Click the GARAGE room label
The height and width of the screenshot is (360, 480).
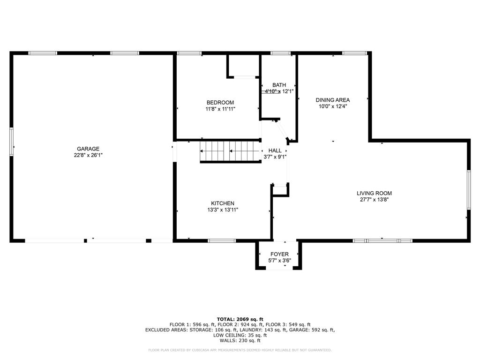click(88, 149)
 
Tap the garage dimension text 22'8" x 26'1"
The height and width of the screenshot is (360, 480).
click(88, 155)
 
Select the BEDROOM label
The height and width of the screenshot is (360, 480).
click(220, 103)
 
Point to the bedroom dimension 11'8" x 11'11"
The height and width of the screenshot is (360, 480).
click(220, 109)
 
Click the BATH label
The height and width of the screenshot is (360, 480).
click(279, 85)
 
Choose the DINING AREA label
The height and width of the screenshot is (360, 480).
click(332, 100)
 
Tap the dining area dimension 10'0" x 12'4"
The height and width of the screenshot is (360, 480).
click(332, 106)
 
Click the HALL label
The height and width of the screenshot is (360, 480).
click(275, 150)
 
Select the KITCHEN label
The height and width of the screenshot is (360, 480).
click(223, 203)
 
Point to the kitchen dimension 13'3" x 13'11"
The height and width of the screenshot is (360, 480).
click(223, 210)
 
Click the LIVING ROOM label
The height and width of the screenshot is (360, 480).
click(374, 193)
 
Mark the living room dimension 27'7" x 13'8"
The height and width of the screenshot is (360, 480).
click(374, 199)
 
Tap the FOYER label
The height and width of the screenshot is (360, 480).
click(279, 254)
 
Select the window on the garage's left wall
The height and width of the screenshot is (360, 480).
click(11, 141)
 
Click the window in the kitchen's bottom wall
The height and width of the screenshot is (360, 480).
click(222, 241)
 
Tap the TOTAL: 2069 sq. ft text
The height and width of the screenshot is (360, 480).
click(240, 319)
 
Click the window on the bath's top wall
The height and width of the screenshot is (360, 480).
click(280, 53)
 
